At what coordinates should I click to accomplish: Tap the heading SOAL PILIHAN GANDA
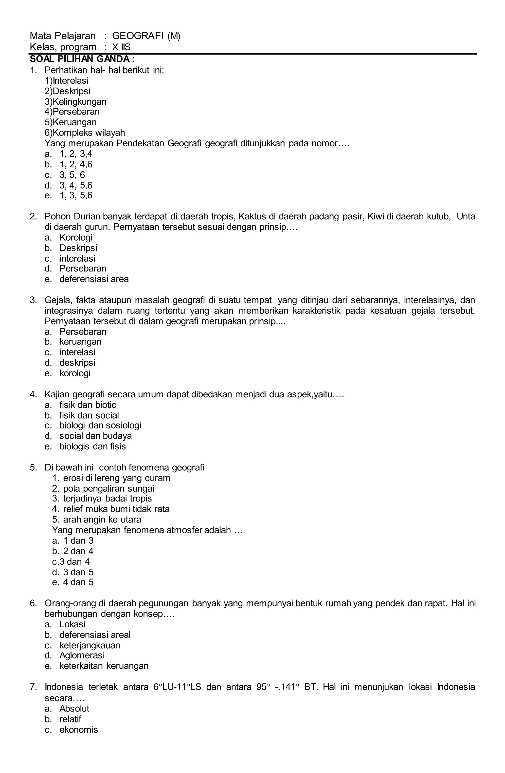82,59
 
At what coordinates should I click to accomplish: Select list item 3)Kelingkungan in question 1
75,102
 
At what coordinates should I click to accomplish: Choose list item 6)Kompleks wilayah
84,133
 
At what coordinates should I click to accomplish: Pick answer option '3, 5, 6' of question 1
72,175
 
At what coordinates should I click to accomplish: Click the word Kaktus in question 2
252,217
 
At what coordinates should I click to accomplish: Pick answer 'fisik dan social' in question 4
89,415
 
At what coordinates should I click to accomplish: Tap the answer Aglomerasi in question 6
82,656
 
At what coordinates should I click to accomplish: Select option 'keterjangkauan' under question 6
90,645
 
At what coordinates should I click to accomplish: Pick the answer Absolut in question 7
74,708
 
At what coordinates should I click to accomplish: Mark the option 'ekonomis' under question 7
79,730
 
